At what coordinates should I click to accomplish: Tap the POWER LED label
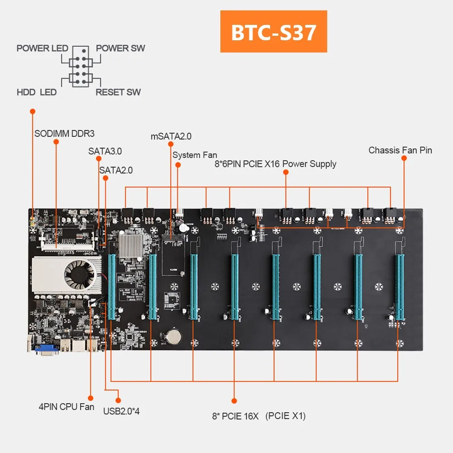tap(42, 48)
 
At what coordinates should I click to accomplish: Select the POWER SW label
tap(120, 48)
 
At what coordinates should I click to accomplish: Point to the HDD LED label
tap(37, 92)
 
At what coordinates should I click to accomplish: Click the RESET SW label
tap(118, 92)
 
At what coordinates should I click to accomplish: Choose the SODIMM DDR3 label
tap(64, 134)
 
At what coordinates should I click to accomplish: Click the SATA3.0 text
tap(105, 151)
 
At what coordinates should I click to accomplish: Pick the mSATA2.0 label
tap(171, 136)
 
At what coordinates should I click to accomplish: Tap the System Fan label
tap(195, 155)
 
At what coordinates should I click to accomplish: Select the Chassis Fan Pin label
tap(400, 150)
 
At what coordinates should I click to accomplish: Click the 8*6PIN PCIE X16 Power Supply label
tap(275, 164)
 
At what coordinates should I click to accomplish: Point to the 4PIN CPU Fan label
tap(66, 406)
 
